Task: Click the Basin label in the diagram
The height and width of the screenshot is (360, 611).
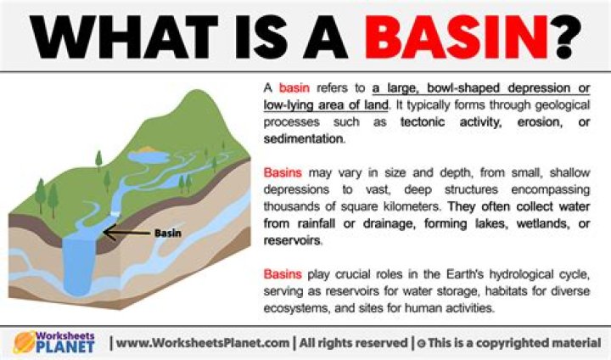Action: click(169, 232)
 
